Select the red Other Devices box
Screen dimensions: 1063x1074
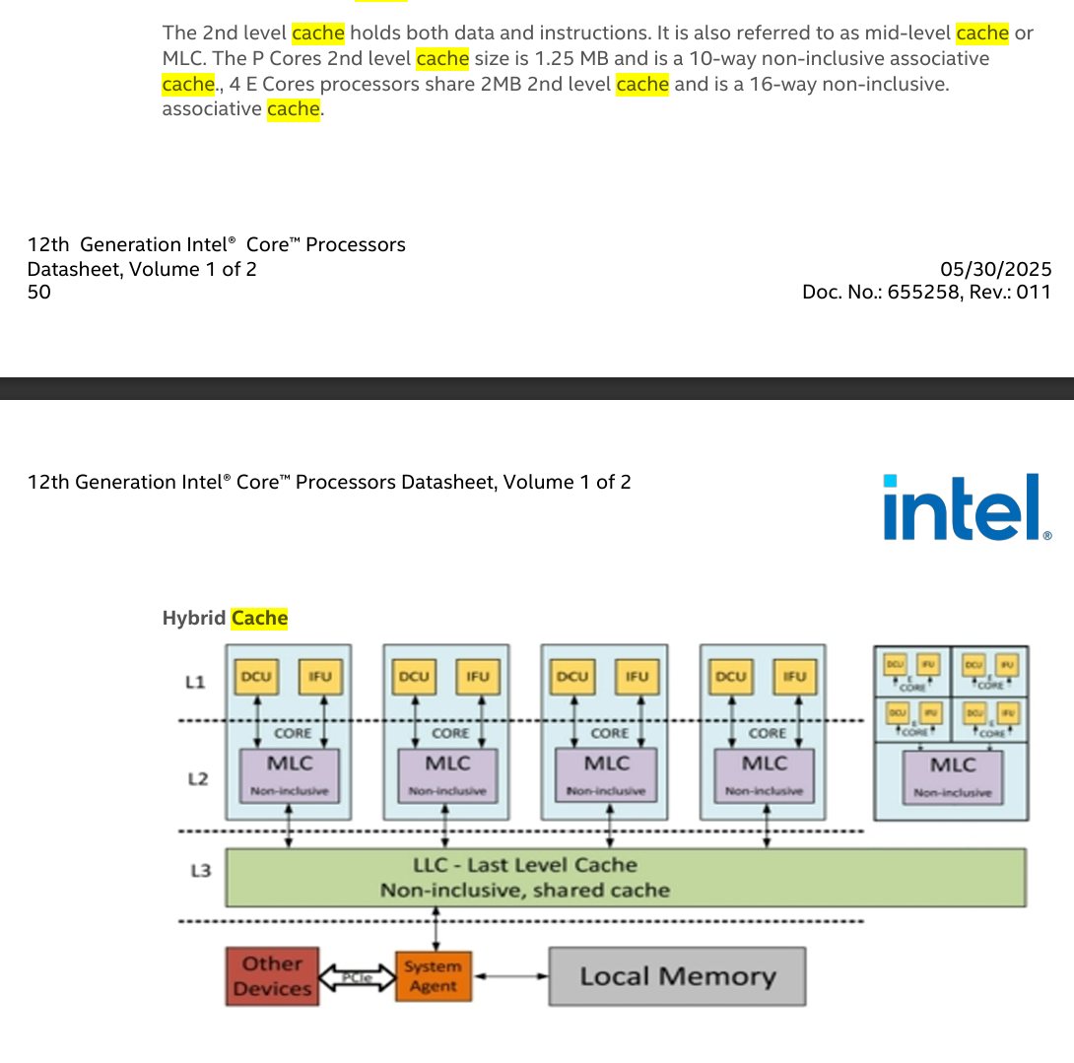272,976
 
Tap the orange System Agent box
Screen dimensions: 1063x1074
433,976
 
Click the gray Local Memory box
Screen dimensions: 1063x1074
677,976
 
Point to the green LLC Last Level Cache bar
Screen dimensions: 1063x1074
625,877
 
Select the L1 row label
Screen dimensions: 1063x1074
195,682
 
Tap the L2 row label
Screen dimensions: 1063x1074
198,779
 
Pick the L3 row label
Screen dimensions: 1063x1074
200,871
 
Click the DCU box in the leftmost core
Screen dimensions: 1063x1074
255,677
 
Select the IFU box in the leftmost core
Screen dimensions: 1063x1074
319,677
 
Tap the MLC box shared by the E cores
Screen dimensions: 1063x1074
953,776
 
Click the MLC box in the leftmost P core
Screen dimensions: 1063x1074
290,774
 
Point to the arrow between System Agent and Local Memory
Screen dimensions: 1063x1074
509,976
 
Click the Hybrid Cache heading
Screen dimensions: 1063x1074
225,619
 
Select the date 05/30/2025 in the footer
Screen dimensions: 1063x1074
996,269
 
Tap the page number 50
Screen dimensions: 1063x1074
39,292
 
